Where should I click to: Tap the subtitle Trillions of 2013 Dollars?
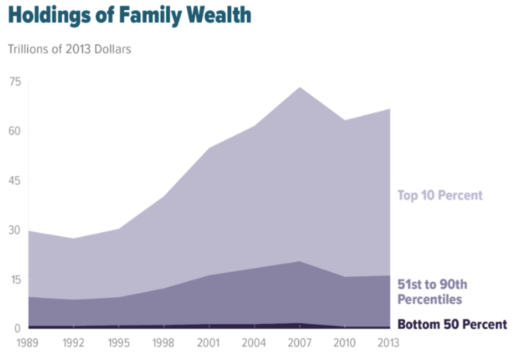pyautogui.click(x=69, y=50)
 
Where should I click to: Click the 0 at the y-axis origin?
pyautogui.click(x=17, y=328)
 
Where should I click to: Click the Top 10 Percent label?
pyautogui.click(x=440, y=195)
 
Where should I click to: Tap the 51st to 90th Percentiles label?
pyautogui.click(x=432, y=291)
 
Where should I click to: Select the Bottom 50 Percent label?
pyautogui.click(x=452, y=324)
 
